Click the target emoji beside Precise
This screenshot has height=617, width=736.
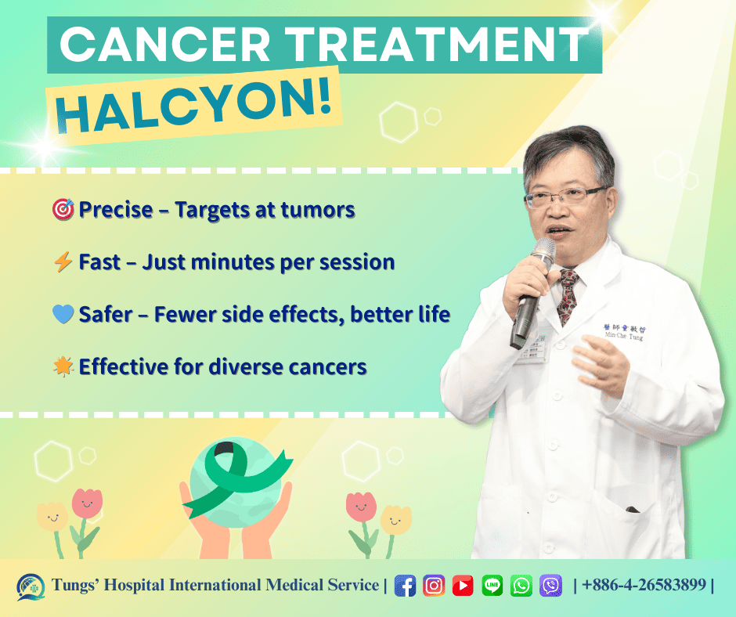pyautogui.click(x=63, y=210)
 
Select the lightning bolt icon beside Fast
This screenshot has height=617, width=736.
pyautogui.click(x=63, y=262)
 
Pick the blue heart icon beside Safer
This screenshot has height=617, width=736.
pyautogui.click(x=63, y=315)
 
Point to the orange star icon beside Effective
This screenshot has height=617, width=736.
pyautogui.click(x=63, y=366)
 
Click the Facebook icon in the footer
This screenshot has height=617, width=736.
pyautogui.click(x=405, y=586)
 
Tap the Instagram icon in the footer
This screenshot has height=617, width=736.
pyautogui.click(x=434, y=586)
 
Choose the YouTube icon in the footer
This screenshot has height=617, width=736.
pyautogui.click(x=463, y=586)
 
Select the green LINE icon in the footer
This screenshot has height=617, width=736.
pyautogui.click(x=492, y=586)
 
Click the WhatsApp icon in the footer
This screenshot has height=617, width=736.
pyautogui.click(x=521, y=586)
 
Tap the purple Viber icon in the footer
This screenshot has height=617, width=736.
pyautogui.click(x=550, y=586)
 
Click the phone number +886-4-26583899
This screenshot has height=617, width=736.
pyautogui.click(x=644, y=586)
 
